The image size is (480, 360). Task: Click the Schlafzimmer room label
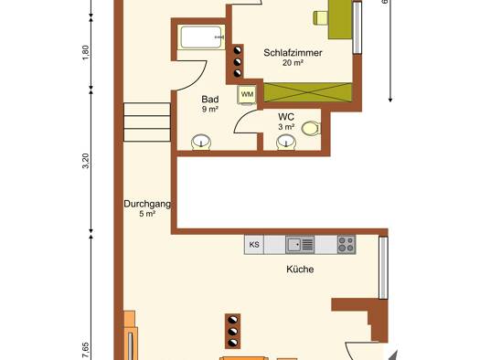(293, 53)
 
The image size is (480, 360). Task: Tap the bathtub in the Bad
(201, 37)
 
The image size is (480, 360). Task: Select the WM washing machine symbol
(247, 94)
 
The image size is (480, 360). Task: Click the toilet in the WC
(311, 129)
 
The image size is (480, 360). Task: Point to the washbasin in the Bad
(201, 143)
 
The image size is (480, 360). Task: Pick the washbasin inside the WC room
(286, 143)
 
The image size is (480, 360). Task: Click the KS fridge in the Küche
(254, 245)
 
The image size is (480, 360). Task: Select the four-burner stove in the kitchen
(347, 245)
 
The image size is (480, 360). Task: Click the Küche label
(300, 270)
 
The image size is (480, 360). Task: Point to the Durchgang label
(147, 204)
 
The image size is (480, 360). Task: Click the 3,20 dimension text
(86, 161)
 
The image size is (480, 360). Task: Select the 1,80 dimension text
(86, 52)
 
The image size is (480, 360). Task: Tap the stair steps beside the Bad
(147, 122)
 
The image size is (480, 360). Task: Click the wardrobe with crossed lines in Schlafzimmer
(308, 92)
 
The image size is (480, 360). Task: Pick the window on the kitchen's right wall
(383, 268)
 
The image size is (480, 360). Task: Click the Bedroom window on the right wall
(357, 27)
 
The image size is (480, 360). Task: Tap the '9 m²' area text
(210, 109)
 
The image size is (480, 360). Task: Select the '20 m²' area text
(293, 63)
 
